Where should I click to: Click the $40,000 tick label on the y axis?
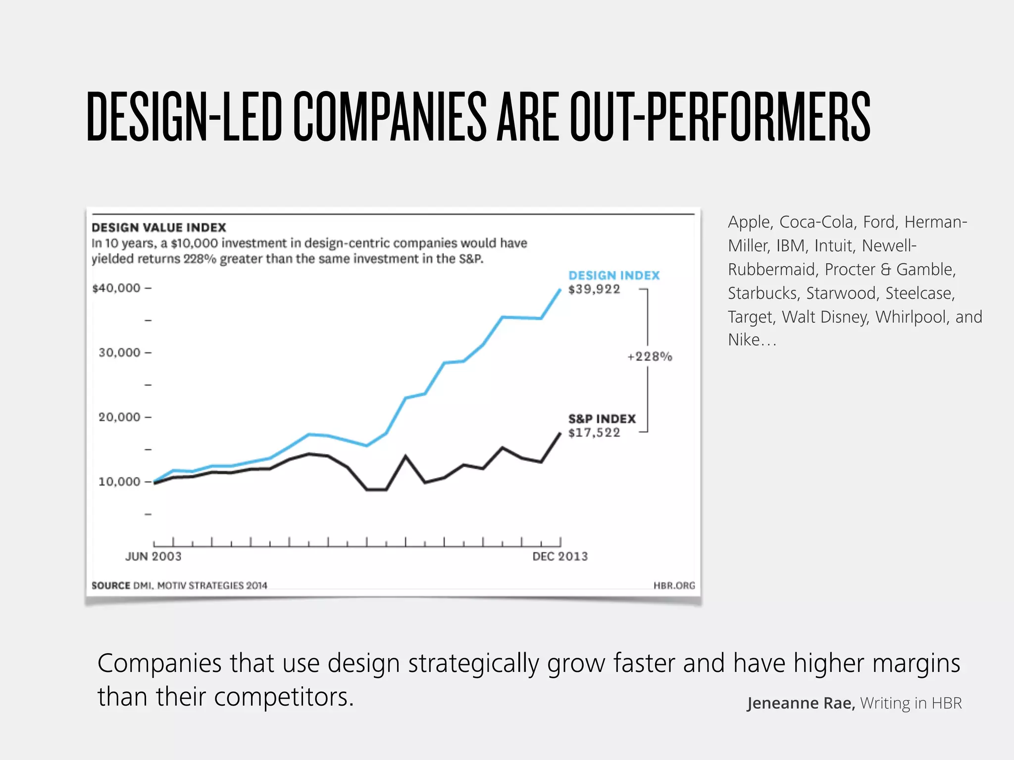coord(117,288)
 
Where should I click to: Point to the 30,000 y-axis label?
coord(120,353)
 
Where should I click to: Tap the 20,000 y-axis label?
coord(120,417)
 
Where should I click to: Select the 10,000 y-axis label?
coord(120,482)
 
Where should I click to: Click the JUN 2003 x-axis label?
coord(153,557)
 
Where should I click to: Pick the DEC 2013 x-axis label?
coord(560,557)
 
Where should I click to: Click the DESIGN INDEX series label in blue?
coord(614,276)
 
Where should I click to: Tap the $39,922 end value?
coord(594,289)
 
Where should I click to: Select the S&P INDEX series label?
coord(602,419)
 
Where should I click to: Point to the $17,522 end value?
coord(594,433)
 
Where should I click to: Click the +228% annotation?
coord(650,357)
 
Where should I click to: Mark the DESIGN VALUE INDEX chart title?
coord(159,228)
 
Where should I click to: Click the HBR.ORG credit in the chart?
coord(674,586)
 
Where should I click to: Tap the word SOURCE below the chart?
coord(111,586)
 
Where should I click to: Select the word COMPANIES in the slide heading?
coord(390,117)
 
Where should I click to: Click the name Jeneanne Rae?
coord(801,703)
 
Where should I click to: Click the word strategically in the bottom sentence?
coord(473,664)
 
